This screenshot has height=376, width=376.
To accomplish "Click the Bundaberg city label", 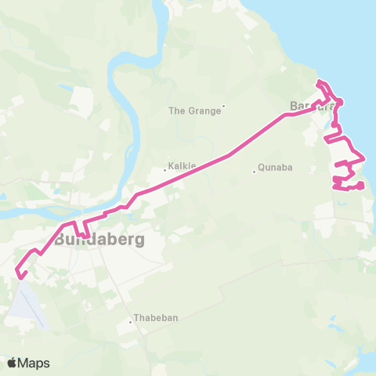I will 99,239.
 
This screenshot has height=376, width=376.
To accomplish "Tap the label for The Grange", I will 194,110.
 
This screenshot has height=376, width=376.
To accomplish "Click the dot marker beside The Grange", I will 223,107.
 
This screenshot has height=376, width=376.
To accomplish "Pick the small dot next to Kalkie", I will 164,169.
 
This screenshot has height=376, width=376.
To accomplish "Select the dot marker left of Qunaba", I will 254,172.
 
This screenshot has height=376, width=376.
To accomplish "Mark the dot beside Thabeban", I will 132,322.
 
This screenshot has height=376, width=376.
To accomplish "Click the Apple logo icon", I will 13,363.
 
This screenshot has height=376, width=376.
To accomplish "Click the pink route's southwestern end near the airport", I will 20,275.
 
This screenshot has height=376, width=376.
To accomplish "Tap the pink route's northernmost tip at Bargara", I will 319,82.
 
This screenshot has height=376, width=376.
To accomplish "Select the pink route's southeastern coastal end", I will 361,186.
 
